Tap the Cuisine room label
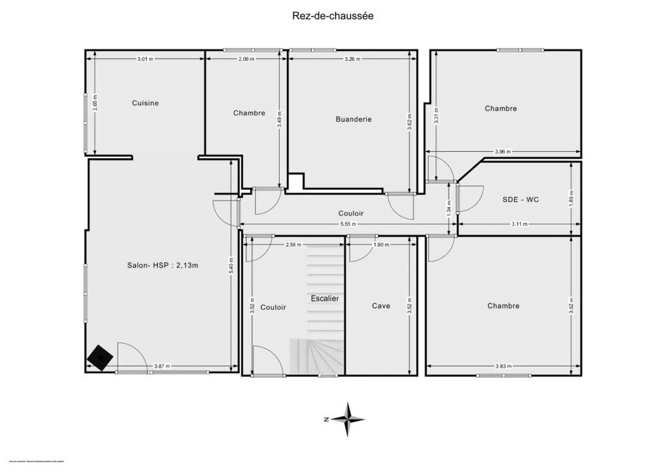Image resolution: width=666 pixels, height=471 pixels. [145, 103]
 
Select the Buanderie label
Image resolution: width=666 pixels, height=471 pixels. [354, 119]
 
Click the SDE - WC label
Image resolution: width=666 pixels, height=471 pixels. [520, 199]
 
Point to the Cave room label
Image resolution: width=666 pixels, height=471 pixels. [381, 306]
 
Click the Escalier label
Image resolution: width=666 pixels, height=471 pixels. [325, 298]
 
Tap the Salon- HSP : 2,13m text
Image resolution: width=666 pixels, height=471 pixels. [163, 265]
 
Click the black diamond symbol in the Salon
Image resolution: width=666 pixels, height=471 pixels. [99, 358]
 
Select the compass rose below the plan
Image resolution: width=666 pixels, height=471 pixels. [347, 419]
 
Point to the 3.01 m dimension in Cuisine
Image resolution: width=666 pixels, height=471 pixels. [145, 59]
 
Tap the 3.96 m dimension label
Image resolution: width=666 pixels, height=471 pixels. [503, 152]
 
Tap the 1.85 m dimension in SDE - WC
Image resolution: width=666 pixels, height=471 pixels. [571, 197]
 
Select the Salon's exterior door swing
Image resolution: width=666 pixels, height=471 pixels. [131, 357]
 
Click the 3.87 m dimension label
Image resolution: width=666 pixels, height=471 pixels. [162, 366]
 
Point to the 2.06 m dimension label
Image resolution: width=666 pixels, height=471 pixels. [246, 59]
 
